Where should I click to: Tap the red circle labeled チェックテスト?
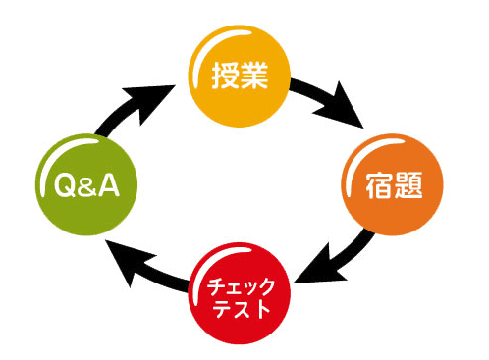click(x=240, y=295)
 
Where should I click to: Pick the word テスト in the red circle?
click(x=240, y=310)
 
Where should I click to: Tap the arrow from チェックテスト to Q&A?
click(x=147, y=270)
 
